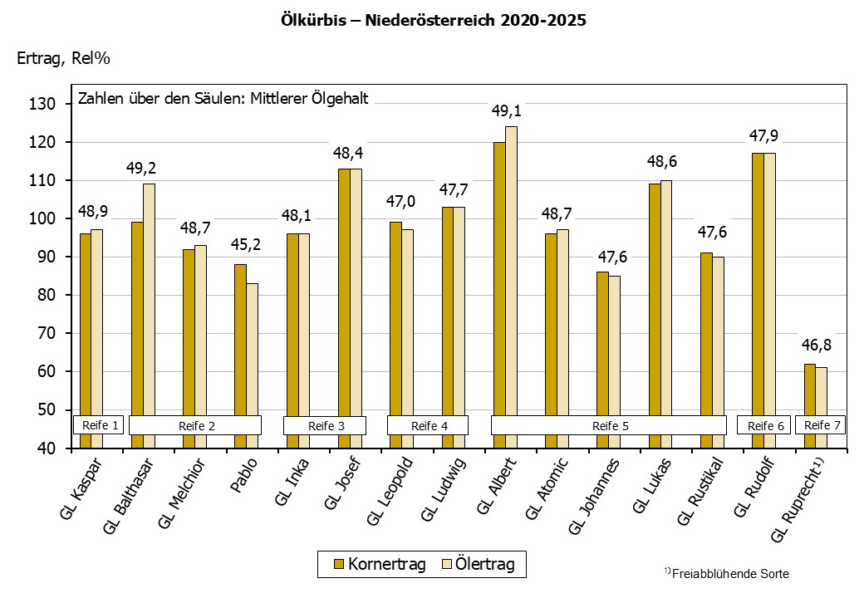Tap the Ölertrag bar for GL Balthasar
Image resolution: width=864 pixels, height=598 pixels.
(x=149, y=299)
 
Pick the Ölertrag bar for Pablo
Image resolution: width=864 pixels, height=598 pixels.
(x=252, y=349)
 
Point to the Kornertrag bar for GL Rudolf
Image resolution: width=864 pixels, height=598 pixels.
(x=758, y=282)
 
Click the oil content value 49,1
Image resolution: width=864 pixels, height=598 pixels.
(x=506, y=111)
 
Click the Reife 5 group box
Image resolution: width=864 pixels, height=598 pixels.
(x=609, y=425)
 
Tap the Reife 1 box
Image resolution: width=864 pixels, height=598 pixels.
(x=98, y=425)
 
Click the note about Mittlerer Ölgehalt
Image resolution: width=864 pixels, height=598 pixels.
(x=223, y=98)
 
